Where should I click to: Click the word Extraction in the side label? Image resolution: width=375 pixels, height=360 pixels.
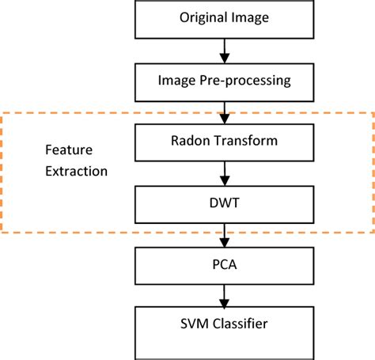coord(75,170)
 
